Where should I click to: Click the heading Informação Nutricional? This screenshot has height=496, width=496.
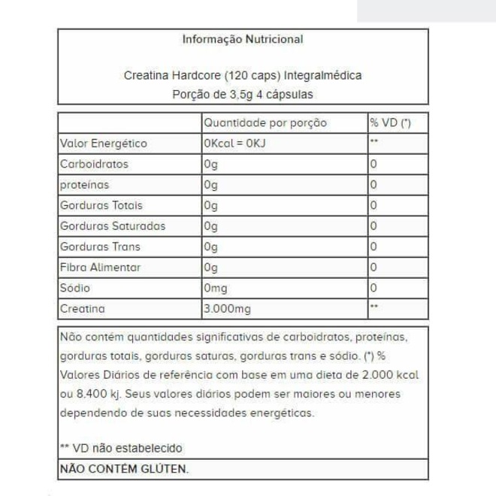[243, 39]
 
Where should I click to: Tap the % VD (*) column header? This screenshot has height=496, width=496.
[390, 122]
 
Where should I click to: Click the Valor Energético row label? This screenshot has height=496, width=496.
[104, 144]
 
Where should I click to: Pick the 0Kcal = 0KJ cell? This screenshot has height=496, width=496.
[234, 144]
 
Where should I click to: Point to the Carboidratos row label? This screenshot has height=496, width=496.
[94, 164]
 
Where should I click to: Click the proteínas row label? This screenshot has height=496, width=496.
[84, 185]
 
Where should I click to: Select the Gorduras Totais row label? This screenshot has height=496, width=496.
[101, 205]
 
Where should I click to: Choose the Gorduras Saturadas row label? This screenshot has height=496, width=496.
[113, 225]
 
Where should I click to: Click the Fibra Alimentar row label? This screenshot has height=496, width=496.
[100, 267]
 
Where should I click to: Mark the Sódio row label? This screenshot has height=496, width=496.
[75, 288]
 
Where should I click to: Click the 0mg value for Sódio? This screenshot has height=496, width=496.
[215, 288]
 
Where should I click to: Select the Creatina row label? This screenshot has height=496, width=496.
[82, 308]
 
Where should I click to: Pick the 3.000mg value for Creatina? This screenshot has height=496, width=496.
[226, 308]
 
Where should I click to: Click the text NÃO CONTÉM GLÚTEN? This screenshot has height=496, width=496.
[124, 469]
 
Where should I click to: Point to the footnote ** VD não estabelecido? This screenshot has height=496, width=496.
[121, 448]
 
